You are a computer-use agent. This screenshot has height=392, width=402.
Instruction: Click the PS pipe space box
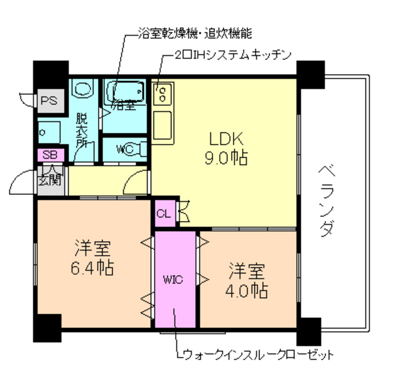(x=48, y=100)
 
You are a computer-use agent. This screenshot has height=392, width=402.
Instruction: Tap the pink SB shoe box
(x=48, y=154)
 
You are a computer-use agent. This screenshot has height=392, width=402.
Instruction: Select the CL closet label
(x=163, y=214)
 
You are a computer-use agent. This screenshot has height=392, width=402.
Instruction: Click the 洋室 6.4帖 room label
(x=92, y=258)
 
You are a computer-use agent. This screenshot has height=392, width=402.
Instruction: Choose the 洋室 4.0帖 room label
(x=247, y=281)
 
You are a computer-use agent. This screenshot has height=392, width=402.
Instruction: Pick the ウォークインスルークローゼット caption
(x=254, y=355)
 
